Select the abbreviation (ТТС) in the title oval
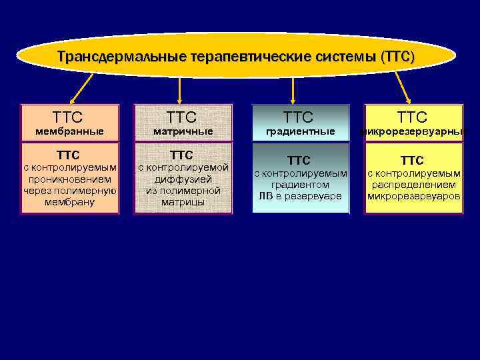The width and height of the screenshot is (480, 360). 397,57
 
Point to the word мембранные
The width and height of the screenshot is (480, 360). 69,131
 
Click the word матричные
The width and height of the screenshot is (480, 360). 183,131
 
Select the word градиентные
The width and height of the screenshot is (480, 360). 300,131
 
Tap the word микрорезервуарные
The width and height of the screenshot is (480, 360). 413,131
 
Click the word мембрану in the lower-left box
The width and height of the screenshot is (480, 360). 69,201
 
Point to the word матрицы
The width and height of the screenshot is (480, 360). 183,201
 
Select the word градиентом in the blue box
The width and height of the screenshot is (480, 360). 300,185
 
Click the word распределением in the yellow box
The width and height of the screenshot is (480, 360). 413,185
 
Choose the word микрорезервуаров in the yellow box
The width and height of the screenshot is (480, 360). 413,196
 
